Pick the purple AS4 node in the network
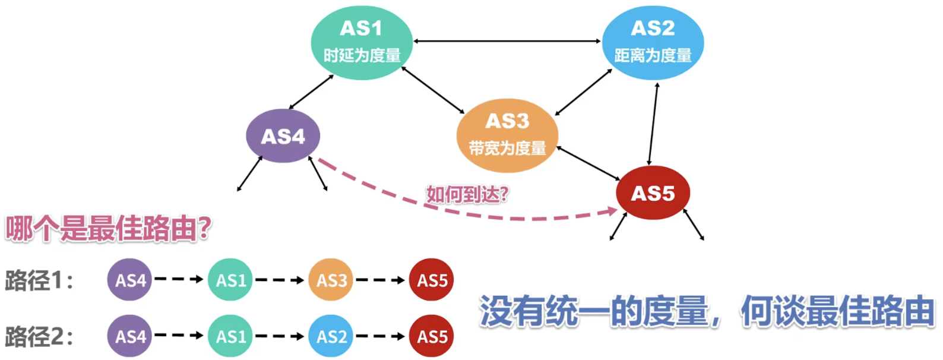point(283,136)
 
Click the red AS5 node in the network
point(653,193)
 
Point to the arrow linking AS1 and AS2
point(507,41)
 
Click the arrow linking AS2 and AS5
point(653,124)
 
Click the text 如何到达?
point(467,194)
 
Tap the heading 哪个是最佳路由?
point(109,228)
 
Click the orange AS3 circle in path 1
point(331,280)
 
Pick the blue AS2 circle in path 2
point(331,336)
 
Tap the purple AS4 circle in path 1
point(130,280)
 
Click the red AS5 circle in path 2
point(432,336)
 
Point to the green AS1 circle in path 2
point(230,336)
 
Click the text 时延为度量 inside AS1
point(362,56)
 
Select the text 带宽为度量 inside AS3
point(507,149)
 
